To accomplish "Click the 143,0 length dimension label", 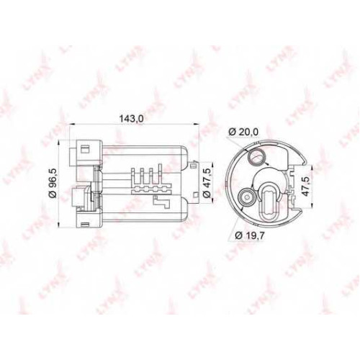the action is pyautogui.click(x=131, y=118).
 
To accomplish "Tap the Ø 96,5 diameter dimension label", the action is pyautogui.click(x=53, y=183).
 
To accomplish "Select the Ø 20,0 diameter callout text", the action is pyautogui.click(x=243, y=132).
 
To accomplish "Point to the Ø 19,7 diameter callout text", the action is pyautogui.click(x=250, y=235).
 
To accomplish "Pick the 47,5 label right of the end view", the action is pyautogui.click(x=305, y=186).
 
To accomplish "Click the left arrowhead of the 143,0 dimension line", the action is pyautogui.click(x=72, y=124).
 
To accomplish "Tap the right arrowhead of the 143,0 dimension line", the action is pyautogui.click(x=197, y=124).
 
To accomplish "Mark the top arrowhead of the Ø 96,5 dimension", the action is pyautogui.click(x=59, y=143).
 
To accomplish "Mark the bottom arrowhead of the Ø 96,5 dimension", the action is pyautogui.click(x=59, y=225).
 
